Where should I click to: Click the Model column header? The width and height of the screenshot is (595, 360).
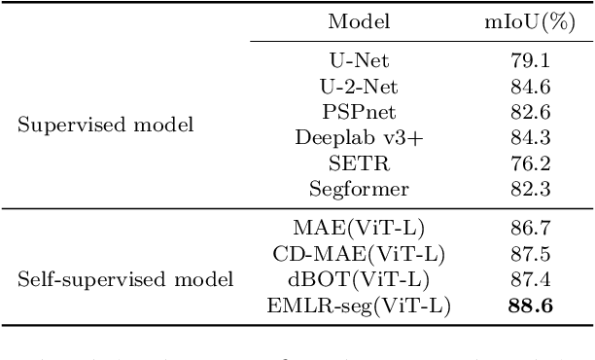pyautogui.click(x=359, y=21)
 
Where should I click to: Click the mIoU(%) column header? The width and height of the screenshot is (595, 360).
pyautogui.click(x=527, y=21)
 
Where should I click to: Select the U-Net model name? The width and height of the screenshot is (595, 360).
pyautogui.click(x=360, y=61)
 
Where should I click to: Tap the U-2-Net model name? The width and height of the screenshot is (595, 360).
pyautogui.click(x=359, y=87)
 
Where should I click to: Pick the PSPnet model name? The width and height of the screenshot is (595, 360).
pyautogui.click(x=359, y=112)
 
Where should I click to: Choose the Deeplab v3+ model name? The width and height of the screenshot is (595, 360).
pyautogui.click(x=359, y=137)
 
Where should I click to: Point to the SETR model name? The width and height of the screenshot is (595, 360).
pyautogui.click(x=359, y=162)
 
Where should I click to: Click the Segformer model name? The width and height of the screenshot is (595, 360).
pyautogui.click(x=359, y=188)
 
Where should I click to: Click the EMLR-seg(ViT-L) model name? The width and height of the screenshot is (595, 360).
pyautogui.click(x=359, y=306)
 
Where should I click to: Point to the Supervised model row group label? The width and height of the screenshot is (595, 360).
pyautogui.click(x=106, y=125)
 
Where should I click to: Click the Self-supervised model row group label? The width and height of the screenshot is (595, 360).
pyautogui.click(x=126, y=280)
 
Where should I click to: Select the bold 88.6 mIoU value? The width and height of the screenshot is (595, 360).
pyautogui.click(x=531, y=306)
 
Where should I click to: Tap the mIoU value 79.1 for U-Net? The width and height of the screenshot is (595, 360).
pyautogui.click(x=530, y=61)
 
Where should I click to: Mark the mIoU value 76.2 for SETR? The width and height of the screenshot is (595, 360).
pyautogui.click(x=530, y=162)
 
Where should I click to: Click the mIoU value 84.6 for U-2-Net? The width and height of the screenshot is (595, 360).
pyautogui.click(x=530, y=87)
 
